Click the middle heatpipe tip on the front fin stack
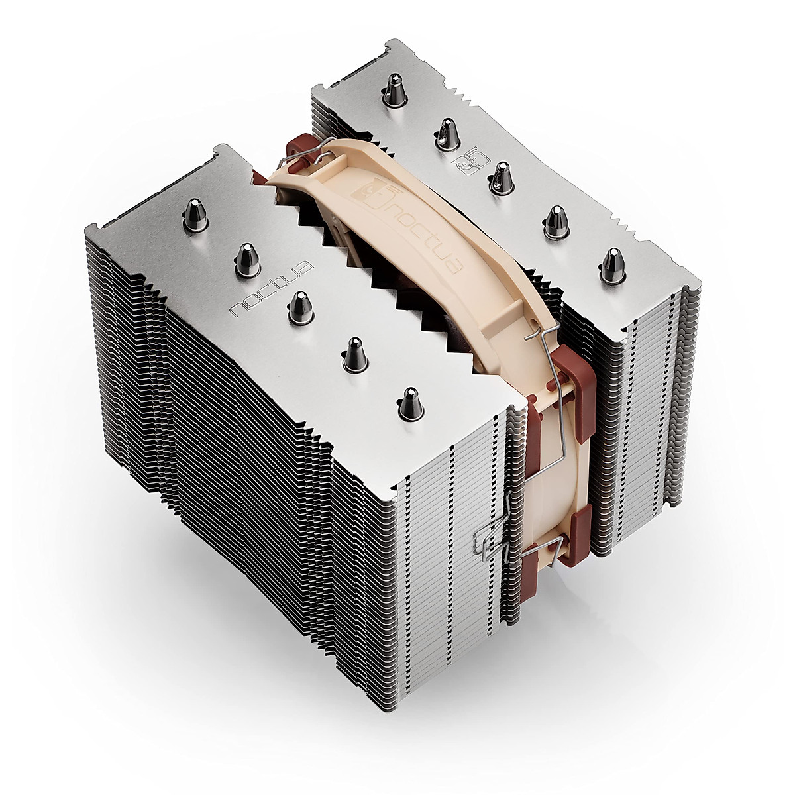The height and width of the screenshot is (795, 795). (299, 308)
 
